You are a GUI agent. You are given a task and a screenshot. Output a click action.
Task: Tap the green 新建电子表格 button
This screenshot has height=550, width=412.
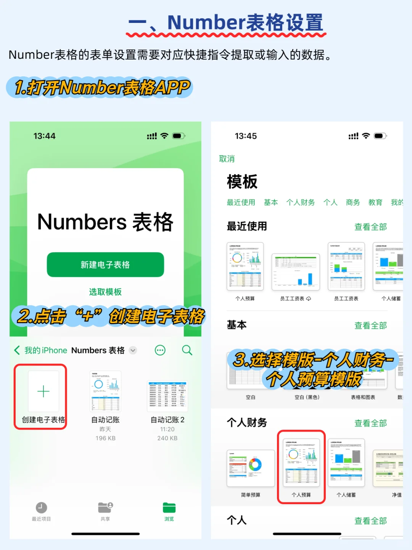(105, 264)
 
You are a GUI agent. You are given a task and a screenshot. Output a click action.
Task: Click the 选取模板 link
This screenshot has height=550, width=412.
(105, 292)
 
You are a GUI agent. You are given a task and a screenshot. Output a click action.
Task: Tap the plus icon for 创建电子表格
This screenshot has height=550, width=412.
(43, 391)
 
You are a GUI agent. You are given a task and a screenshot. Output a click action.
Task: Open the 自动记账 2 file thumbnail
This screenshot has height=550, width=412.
(167, 396)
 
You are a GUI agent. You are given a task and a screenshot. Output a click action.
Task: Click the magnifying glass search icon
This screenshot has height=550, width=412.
(187, 350)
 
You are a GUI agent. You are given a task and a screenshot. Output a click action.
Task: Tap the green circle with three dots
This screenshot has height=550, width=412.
(160, 350)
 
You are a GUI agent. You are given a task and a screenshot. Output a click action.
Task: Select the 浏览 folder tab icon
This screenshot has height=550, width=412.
(169, 508)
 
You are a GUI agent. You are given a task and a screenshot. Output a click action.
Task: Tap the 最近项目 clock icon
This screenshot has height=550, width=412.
(41, 508)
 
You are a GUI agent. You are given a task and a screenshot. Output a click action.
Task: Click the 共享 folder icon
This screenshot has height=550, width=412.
(105, 508)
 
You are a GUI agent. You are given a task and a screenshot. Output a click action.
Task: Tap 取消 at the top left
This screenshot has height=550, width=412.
(227, 159)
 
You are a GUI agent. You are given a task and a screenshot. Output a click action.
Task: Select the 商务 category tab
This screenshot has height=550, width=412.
(353, 202)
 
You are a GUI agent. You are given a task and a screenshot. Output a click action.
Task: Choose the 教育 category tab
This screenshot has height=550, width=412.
(375, 202)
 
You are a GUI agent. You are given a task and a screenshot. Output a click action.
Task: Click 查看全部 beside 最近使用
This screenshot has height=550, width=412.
(370, 227)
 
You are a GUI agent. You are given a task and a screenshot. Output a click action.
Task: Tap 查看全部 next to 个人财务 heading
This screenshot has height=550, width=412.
(370, 423)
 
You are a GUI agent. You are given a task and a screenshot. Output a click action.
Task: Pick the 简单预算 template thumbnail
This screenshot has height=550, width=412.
(251, 468)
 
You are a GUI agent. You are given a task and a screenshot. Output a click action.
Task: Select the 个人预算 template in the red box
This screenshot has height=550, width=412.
(301, 463)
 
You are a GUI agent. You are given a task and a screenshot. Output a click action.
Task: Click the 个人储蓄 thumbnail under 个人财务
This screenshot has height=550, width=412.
(346, 463)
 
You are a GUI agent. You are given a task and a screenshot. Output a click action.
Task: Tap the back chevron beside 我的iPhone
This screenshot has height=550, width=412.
(17, 350)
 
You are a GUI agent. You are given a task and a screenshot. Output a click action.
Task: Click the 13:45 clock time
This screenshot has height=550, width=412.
(246, 136)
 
